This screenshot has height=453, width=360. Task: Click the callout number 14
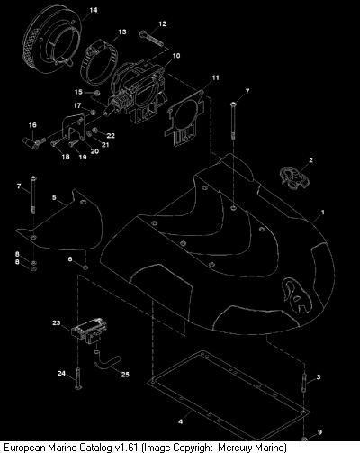(94, 10)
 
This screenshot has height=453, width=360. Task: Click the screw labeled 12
(151, 39)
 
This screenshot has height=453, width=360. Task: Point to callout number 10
(176, 56)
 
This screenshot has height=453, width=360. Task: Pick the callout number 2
(310, 160)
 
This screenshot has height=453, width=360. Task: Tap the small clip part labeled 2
(293, 178)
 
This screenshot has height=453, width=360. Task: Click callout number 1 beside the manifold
(323, 213)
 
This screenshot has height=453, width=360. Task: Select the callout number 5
(54, 197)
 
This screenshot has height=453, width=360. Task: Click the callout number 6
(70, 259)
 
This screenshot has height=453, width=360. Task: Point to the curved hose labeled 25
(106, 360)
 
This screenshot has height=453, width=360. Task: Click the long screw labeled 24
(78, 379)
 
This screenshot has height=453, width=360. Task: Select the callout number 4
(180, 421)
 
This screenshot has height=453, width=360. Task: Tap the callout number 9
(319, 432)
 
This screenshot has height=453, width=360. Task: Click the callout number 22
(111, 136)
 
